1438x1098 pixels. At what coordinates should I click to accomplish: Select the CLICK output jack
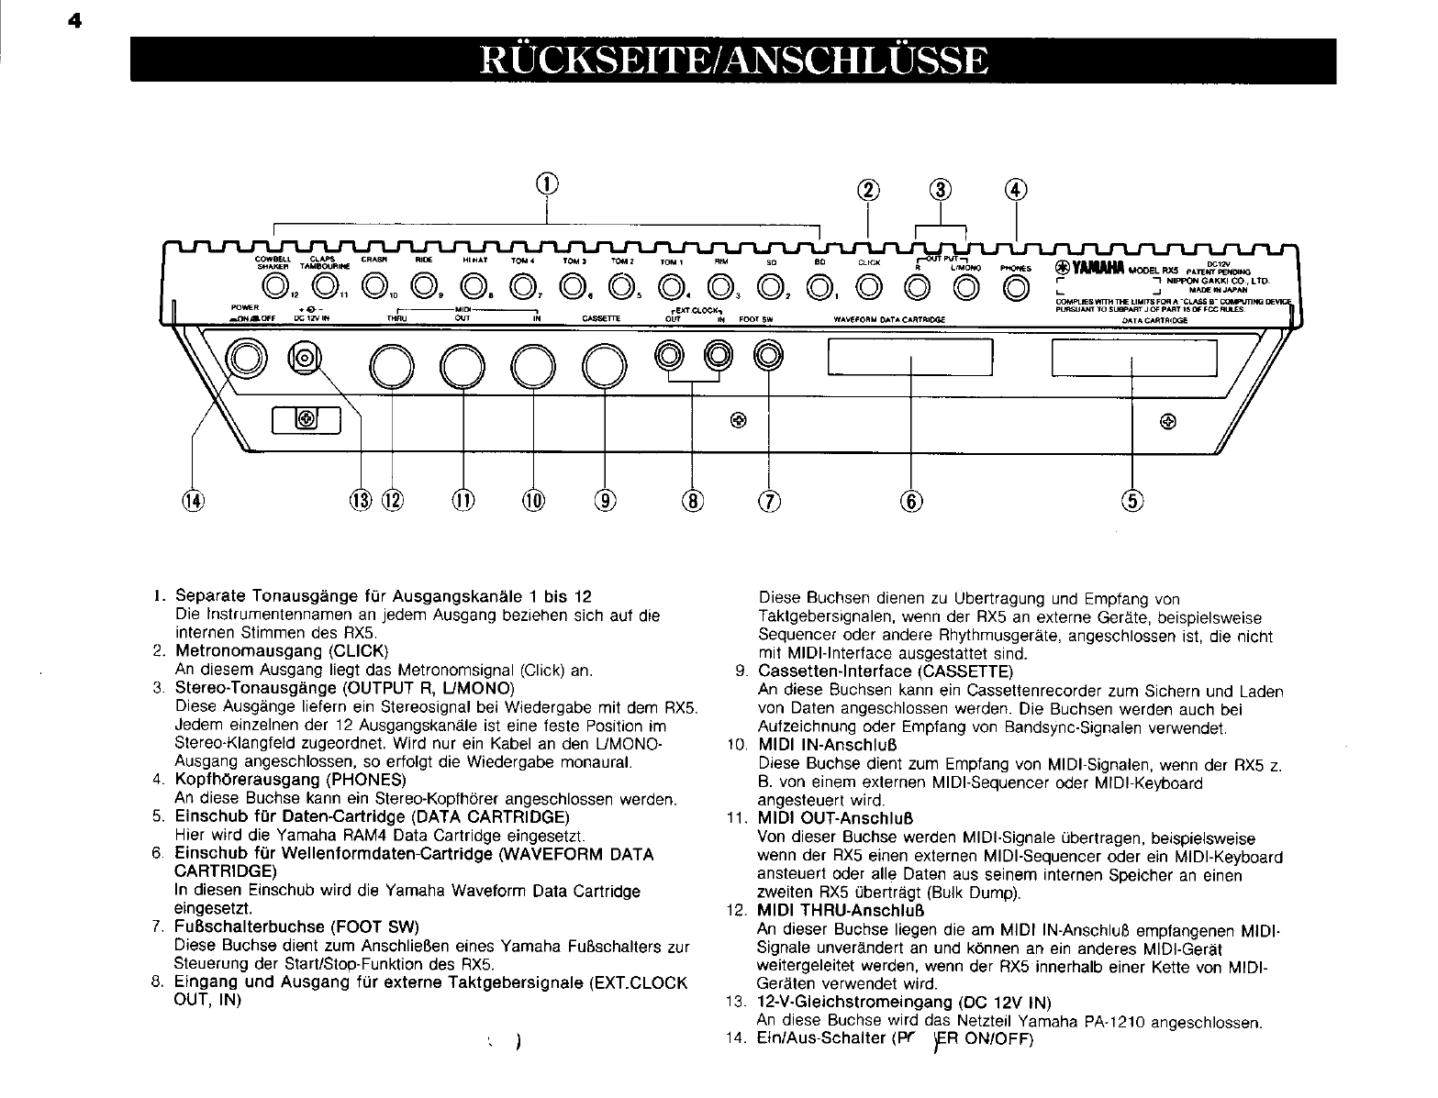tap(867, 289)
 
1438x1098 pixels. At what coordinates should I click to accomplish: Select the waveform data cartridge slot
tap(910, 357)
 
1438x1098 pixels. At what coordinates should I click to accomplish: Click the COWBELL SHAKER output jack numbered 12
tap(275, 289)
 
